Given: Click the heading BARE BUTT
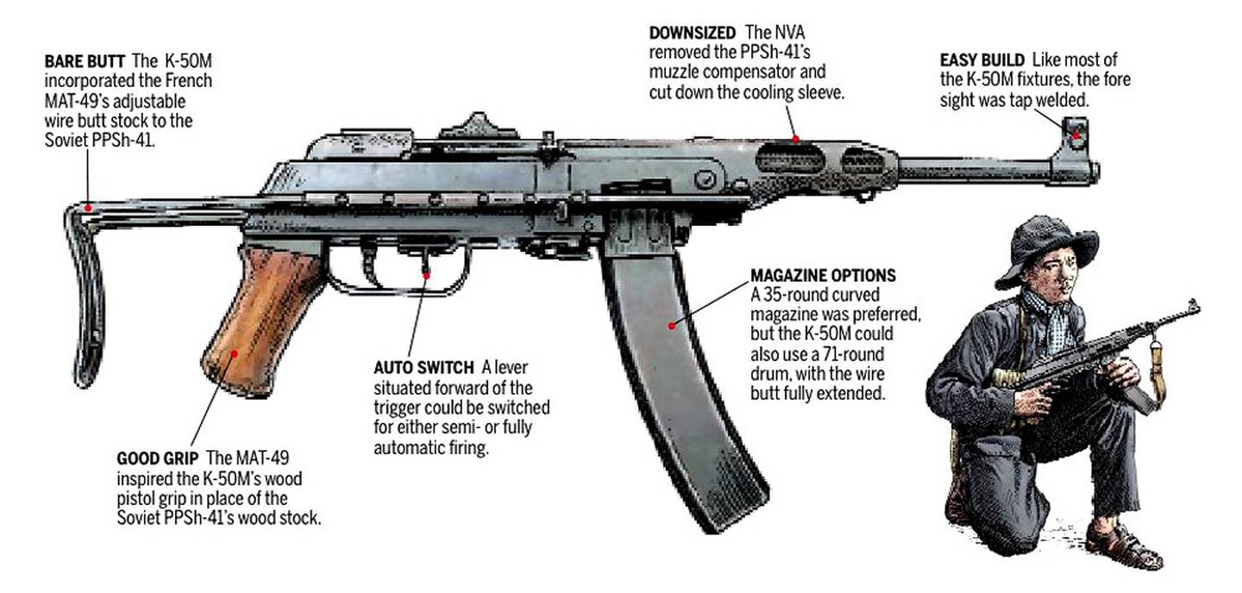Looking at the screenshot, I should (85, 63).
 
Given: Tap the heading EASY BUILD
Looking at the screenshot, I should (982, 61).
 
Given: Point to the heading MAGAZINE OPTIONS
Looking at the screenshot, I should (823, 277).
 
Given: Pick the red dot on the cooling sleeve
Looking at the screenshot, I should (795, 138).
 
